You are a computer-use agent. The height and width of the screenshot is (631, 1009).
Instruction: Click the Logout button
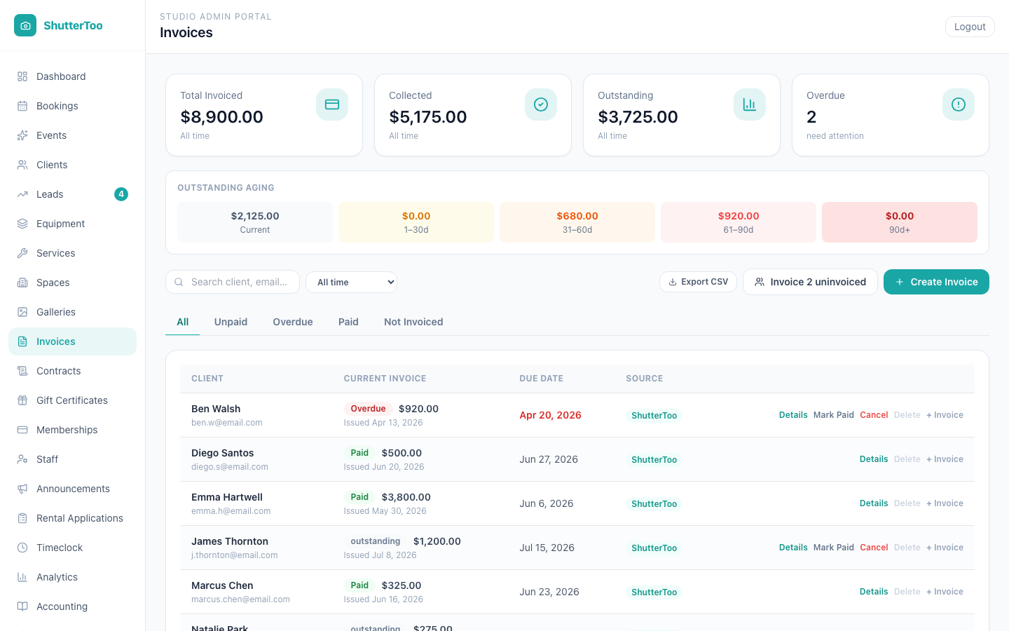(969, 27)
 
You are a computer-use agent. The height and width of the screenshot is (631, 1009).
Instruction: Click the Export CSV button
(698, 282)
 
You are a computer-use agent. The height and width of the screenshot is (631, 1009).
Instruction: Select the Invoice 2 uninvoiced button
(810, 282)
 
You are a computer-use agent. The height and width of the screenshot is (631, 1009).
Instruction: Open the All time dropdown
(351, 282)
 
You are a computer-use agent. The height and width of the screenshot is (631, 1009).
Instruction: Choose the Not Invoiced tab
(413, 322)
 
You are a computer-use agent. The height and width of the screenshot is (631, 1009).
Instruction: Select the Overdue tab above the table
(293, 322)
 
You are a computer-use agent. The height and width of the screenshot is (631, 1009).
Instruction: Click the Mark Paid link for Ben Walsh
(833, 414)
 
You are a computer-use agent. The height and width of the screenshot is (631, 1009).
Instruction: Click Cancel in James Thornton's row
(874, 547)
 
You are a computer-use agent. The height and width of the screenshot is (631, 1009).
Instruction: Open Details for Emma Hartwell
(873, 503)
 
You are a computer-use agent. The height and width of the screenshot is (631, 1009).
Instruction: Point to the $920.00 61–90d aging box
(739, 222)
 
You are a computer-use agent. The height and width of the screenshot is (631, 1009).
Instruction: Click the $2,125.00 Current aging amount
(255, 216)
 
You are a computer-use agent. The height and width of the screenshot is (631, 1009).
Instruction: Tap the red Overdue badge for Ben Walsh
(368, 408)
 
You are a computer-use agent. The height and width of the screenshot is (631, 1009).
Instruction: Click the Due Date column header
(541, 378)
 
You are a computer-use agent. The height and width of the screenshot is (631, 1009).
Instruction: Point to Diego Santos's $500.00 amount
(401, 452)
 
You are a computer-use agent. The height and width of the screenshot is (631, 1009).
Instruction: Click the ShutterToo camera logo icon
(25, 25)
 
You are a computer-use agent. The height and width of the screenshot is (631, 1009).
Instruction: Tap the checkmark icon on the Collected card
(540, 104)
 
